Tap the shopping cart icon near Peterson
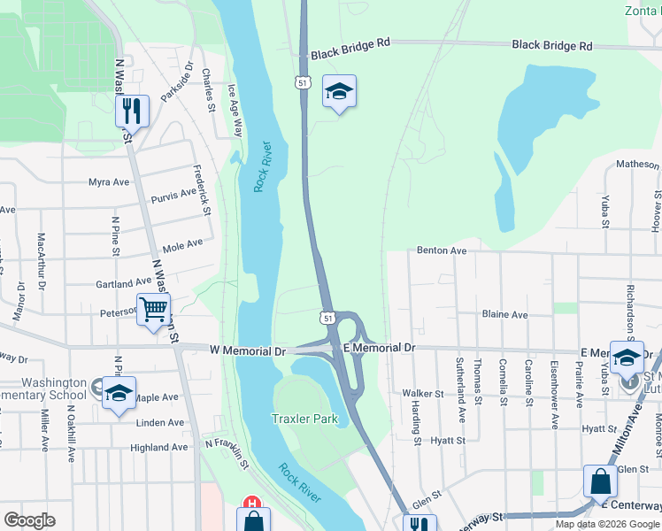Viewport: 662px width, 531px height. pyautogui.click(x=154, y=310)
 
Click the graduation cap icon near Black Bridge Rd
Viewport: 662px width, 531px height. pyautogui.click(x=338, y=92)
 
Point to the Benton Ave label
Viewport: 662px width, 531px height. pyautogui.click(x=442, y=250)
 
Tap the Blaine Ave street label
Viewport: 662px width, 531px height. pyautogui.click(x=504, y=314)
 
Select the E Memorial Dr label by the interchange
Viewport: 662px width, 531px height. pyautogui.click(x=379, y=349)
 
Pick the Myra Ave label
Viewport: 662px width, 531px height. pyautogui.click(x=109, y=182)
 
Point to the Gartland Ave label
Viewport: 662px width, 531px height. pyautogui.click(x=125, y=283)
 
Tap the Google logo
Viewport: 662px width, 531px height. pyautogui.click(x=29, y=520)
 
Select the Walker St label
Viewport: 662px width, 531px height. pyautogui.click(x=422, y=393)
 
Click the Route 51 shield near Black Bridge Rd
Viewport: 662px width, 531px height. pyautogui.click(x=303, y=81)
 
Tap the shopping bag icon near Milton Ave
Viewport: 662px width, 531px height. pyautogui.click(x=600, y=483)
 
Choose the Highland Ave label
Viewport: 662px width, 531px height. pyautogui.click(x=159, y=447)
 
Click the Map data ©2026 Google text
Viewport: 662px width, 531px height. pyautogui.click(x=606, y=524)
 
